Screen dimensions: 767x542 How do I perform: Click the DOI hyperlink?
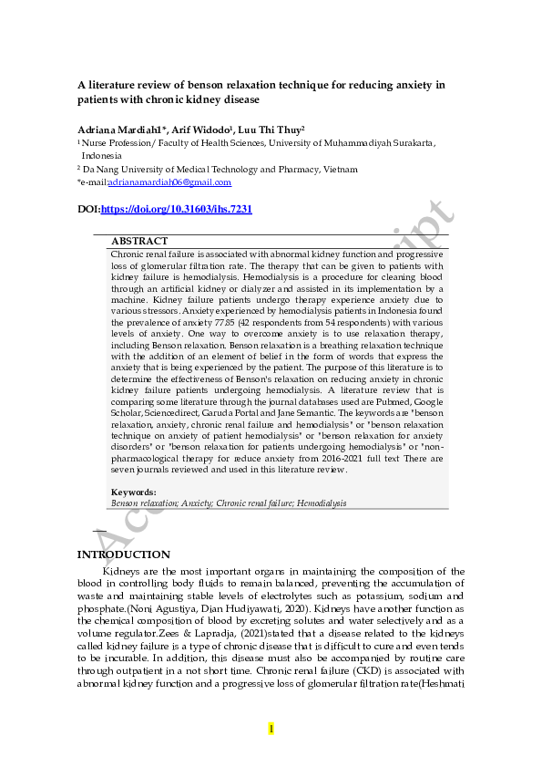(176, 210)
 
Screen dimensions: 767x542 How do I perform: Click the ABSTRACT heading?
(138, 242)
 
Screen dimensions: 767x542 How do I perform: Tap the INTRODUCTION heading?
(123, 555)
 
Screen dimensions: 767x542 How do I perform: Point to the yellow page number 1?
(271, 729)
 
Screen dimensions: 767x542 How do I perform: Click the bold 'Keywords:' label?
(134, 492)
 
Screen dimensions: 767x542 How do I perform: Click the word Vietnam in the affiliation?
(339, 169)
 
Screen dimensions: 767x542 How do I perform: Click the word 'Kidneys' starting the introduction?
(123, 572)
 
